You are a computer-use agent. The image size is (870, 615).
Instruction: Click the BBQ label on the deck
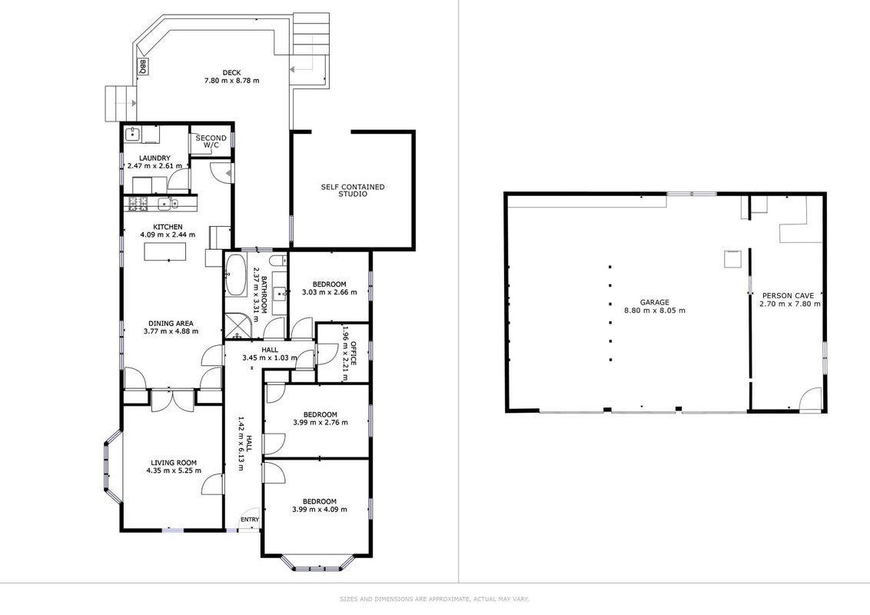click(x=143, y=67)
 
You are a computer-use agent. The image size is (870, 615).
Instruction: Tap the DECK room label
click(x=231, y=72)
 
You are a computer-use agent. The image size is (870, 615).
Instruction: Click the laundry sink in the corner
click(x=132, y=134)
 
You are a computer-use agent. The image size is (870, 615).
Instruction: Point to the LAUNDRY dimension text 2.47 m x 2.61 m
click(x=154, y=165)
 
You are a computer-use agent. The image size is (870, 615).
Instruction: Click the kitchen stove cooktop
click(x=138, y=204)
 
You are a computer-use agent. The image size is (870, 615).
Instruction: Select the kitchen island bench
click(x=171, y=251)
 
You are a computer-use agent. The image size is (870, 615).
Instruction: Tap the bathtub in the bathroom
click(x=235, y=274)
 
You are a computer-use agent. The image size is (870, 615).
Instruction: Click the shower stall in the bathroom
click(x=237, y=326)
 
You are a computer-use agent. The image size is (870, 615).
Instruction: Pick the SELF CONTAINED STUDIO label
click(x=352, y=191)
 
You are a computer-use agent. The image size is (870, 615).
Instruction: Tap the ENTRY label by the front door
click(x=250, y=520)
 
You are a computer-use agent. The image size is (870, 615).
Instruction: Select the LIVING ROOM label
click(x=174, y=462)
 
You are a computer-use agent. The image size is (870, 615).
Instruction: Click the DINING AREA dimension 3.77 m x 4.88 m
click(x=171, y=331)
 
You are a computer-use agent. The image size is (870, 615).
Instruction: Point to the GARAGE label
click(x=655, y=303)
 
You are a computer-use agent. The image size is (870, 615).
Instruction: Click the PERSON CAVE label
click(x=788, y=296)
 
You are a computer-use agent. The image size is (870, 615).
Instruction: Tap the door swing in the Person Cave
click(x=811, y=399)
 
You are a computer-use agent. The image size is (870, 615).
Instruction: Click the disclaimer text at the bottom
click(x=434, y=599)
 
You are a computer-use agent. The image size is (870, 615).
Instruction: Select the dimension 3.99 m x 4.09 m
click(x=320, y=509)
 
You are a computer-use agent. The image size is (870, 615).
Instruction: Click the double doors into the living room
click(x=172, y=401)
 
